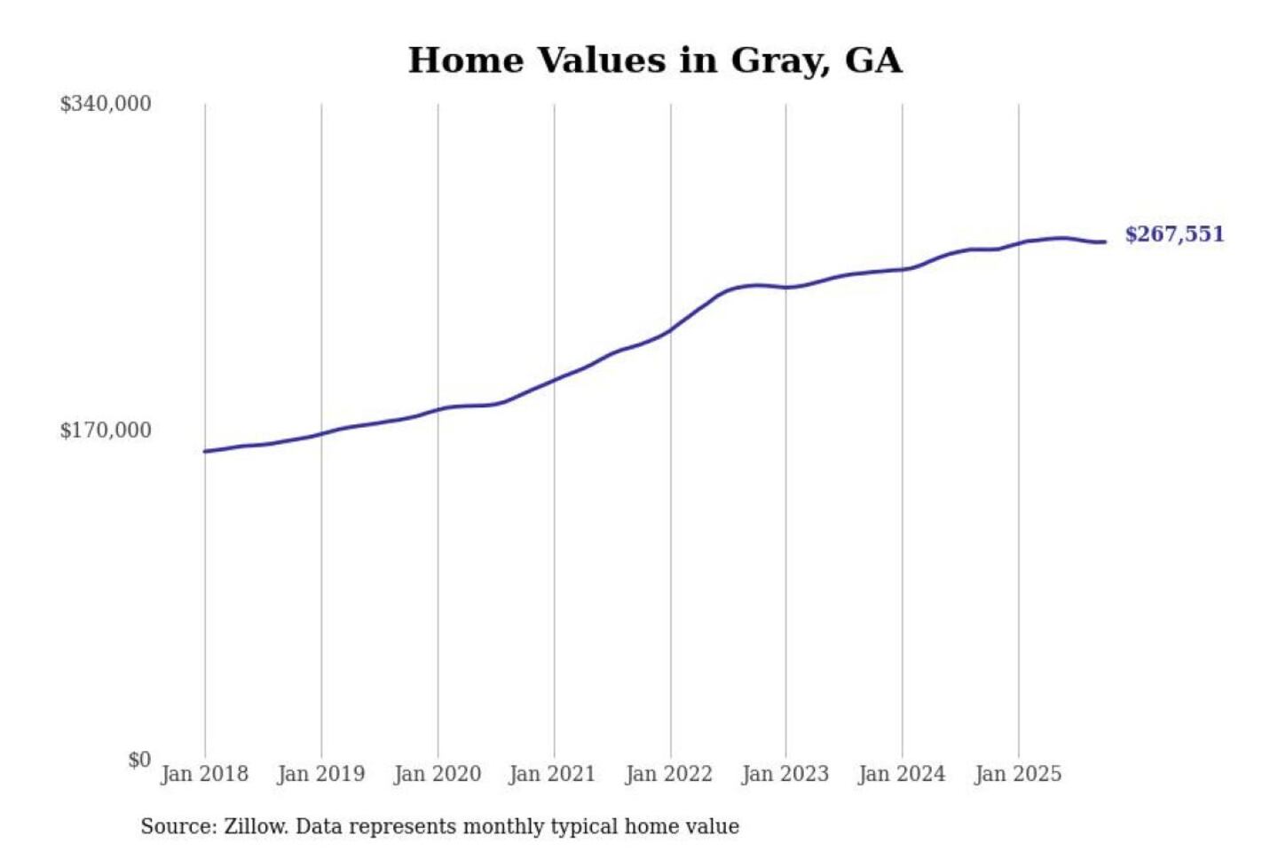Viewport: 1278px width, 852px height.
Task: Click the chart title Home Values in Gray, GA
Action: click(655, 60)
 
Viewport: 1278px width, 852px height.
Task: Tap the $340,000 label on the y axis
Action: click(106, 104)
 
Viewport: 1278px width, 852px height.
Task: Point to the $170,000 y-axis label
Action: click(106, 430)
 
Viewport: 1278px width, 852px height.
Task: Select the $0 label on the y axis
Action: click(139, 760)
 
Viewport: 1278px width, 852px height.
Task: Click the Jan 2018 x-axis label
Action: click(204, 774)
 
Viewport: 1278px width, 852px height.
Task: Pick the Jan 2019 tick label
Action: click(320, 774)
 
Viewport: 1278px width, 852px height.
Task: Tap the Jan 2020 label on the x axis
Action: click(437, 774)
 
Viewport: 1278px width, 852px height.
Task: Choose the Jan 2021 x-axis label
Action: click(552, 774)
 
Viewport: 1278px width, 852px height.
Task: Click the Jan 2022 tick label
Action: click(668, 774)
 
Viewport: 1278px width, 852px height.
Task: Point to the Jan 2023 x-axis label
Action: click(785, 774)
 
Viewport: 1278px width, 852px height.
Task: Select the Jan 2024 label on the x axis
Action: click(901, 774)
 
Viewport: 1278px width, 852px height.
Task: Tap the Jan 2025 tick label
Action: click(1017, 774)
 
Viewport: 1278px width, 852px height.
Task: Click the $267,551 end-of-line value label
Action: click(1174, 234)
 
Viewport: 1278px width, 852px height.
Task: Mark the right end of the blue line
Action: click(1105, 241)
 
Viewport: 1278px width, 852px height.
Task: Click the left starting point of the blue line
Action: click(205, 452)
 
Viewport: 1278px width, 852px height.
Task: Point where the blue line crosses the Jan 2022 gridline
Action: click(671, 329)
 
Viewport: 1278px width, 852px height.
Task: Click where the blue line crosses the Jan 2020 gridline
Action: click(438, 410)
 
